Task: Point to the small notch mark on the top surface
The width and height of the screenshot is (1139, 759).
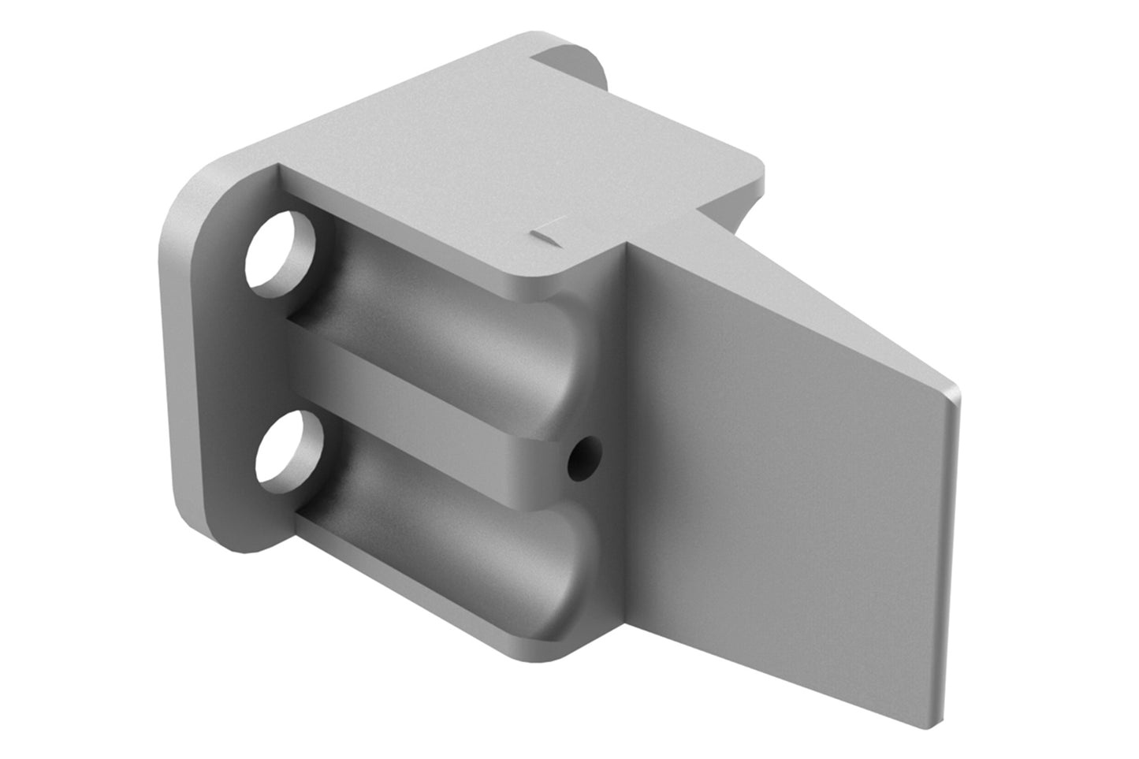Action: (x=545, y=233)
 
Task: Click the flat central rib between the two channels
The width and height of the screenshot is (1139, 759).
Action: (x=426, y=402)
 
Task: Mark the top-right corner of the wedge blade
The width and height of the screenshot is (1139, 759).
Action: (x=955, y=390)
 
